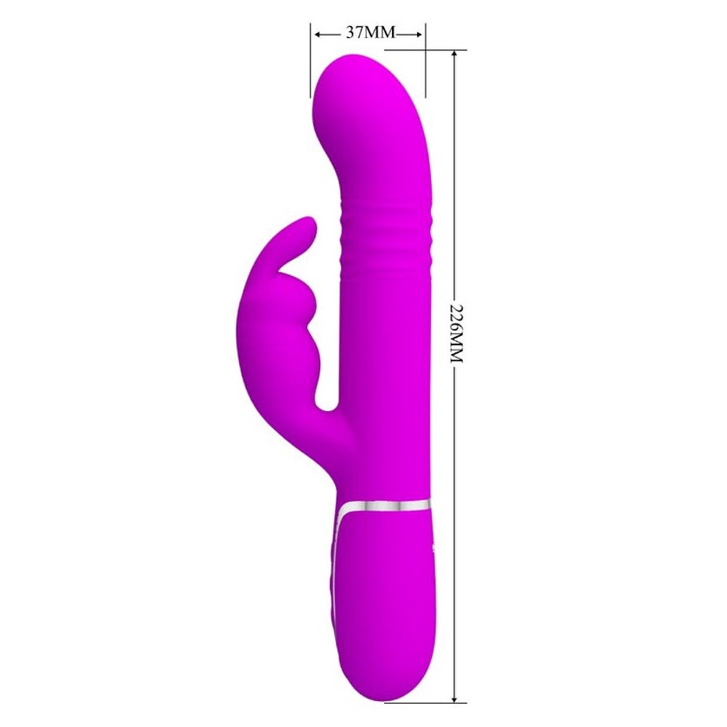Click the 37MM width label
click(370, 33)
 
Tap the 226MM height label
click(457, 334)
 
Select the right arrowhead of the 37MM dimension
click(418, 34)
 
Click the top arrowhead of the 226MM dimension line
click(455, 55)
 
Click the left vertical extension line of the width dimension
click(311, 61)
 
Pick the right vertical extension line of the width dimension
click(426, 61)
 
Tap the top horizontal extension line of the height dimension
click(426, 49)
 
